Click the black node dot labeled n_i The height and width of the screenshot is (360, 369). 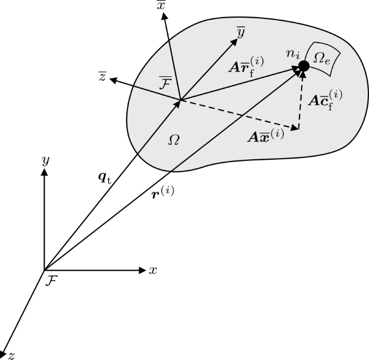pos(303,66)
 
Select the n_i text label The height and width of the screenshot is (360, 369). pos(293,54)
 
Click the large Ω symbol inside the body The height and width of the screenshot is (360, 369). pos(173,139)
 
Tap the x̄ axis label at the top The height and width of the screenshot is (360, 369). pos(161,5)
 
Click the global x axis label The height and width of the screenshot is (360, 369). pos(153,270)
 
